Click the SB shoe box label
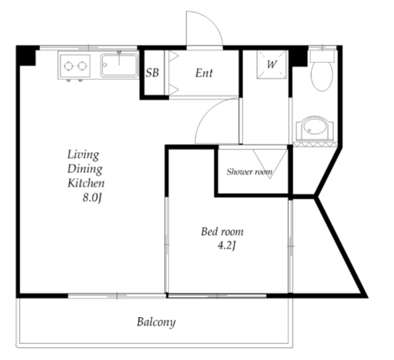click(152, 73)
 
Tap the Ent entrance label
click(204, 73)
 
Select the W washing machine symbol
click(271, 65)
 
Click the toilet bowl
click(322, 76)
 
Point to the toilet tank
click(322, 56)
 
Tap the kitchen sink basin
click(119, 66)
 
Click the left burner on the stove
click(68, 66)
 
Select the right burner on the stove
click(82, 66)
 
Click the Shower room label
click(249, 172)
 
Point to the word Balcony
click(156, 322)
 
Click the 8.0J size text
click(92, 198)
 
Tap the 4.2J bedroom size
click(227, 246)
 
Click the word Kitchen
click(86, 183)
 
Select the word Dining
click(85, 169)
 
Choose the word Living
click(83, 154)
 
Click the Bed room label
click(222, 231)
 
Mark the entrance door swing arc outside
click(212, 20)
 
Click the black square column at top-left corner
click(26, 56)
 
